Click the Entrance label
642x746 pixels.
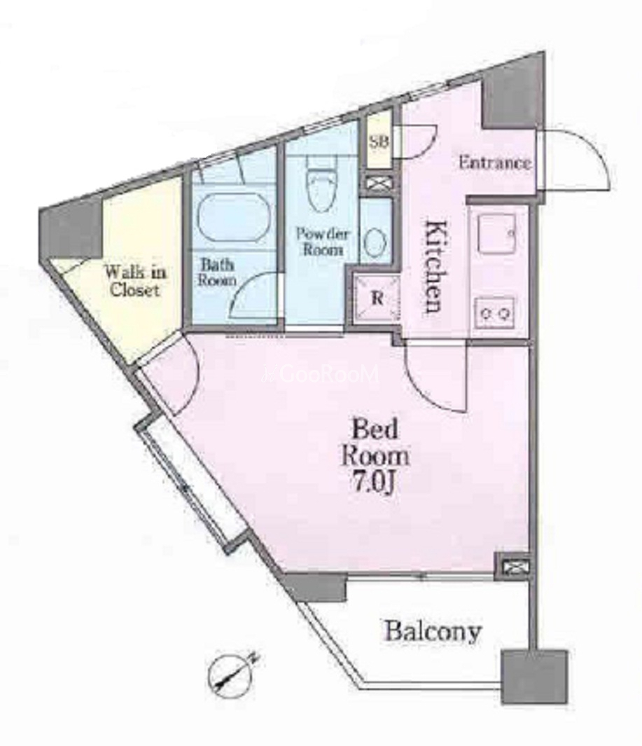494,163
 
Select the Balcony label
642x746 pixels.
433,631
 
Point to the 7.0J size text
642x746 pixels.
374,483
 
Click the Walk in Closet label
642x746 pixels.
136,281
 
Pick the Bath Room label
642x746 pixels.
217,272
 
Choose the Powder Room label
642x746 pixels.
323,241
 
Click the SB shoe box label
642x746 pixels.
379,141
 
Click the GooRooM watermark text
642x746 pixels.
322,374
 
